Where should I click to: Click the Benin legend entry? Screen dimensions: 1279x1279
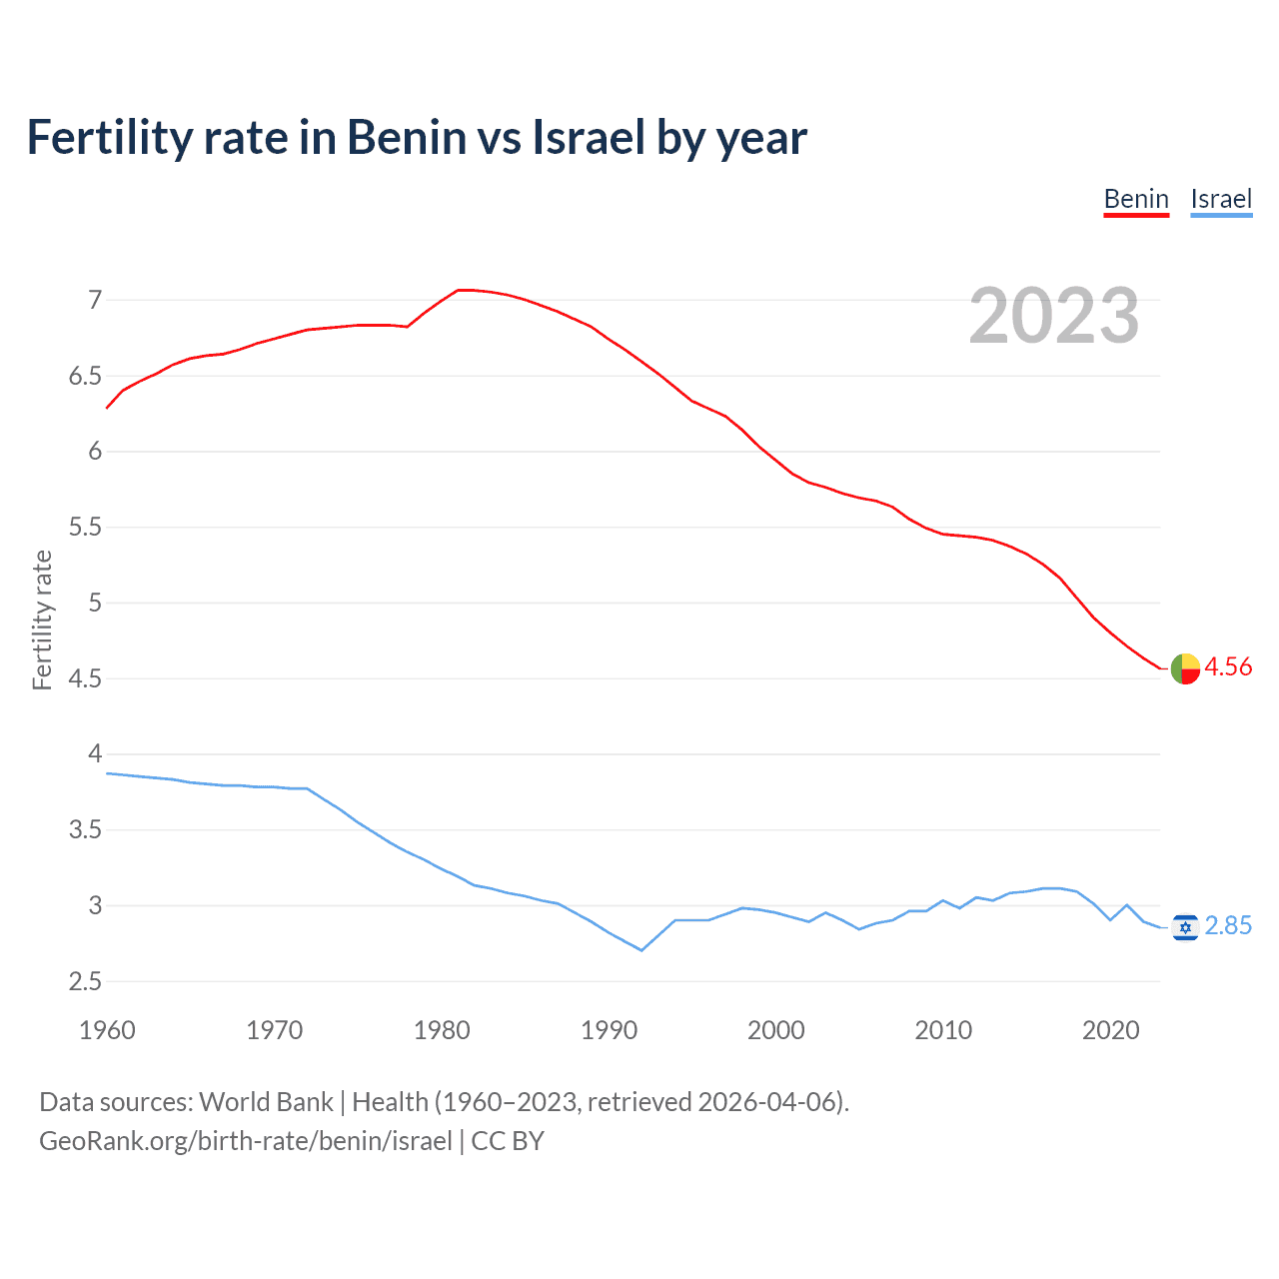click(1136, 199)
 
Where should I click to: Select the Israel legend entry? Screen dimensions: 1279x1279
click(1221, 199)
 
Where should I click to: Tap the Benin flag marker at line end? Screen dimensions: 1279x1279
click(1185, 668)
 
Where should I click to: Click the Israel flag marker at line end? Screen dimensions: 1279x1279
click(1185, 927)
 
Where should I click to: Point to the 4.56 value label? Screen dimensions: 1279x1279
click(1228, 667)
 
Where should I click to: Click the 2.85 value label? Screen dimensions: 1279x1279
click(1228, 926)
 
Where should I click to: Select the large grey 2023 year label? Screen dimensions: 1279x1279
click(1054, 316)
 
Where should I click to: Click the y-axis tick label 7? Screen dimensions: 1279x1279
click(95, 300)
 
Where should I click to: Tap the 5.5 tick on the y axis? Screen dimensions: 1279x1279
click(85, 527)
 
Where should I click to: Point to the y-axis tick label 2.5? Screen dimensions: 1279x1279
click(85, 981)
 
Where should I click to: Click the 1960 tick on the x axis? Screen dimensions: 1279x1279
click(107, 1030)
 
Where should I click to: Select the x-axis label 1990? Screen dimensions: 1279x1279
click(609, 1030)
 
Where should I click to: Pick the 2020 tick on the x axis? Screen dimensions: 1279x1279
click(1110, 1030)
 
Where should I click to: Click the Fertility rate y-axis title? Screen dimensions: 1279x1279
click(42, 620)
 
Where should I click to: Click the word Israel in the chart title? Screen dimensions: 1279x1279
click(589, 137)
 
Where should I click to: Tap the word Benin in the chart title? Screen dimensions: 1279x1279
click(406, 137)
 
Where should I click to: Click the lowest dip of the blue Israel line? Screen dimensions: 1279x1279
click(641, 950)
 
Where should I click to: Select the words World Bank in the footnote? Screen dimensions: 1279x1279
click(266, 1102)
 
